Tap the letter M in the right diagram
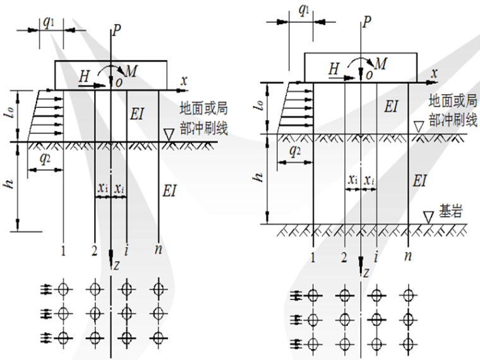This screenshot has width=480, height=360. click(381, 63)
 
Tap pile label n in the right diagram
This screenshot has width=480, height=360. click(409, 256)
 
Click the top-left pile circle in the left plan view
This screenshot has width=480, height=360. click(63, 289)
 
